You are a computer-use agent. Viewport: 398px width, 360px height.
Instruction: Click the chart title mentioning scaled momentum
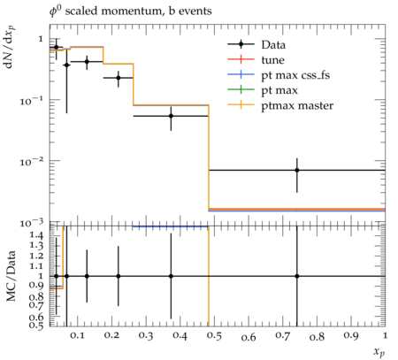[x=130, y=11]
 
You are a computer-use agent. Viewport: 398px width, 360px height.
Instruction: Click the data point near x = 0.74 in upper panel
[x=297, y=170]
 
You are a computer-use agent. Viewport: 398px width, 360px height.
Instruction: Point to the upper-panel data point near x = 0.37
[x=171, y=116]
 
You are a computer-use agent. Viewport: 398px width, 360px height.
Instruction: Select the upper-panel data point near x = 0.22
[x=119, y=78]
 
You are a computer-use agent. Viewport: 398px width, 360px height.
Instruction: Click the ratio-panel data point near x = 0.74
[x=297, y=276]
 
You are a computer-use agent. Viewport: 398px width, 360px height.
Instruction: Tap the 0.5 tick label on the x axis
[x=214, y=336]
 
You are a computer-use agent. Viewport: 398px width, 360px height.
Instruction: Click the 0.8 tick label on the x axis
[x=317, y=336]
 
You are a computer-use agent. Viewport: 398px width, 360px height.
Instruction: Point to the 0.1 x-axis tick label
[x=77, y=335]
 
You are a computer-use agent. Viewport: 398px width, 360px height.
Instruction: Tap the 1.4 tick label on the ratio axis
[x=36, y=235]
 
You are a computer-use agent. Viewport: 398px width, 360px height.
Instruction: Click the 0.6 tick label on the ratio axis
[x=36, y=317]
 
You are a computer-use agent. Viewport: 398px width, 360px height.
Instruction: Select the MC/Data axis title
[x=11, y=276]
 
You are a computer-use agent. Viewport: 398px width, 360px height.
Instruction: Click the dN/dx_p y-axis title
[x=11, y=47]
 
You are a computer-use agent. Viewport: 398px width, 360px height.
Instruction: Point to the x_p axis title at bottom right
[x=379, y=351]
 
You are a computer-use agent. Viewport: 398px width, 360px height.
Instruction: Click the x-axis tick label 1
[x=385, y=335]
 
